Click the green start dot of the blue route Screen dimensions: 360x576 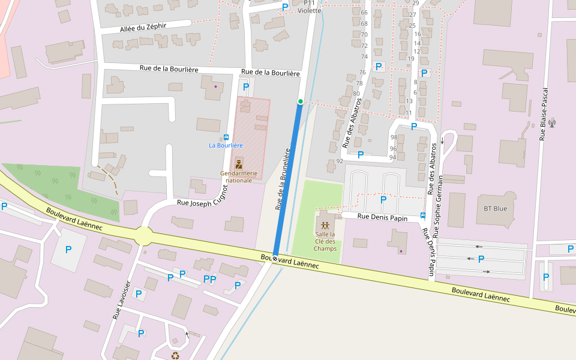[x=300, y=101]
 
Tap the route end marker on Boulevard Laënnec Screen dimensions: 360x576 [x=275, y=258]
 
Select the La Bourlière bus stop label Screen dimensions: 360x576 [x=226, y=145]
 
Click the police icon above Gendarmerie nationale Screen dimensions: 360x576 [x=239, y=164]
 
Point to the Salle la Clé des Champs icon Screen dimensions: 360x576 [x=325, y=226]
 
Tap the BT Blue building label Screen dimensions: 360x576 [x=495, y=209]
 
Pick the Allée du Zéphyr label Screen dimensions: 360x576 [x=143, y=27]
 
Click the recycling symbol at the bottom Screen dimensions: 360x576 [x=175, y=355]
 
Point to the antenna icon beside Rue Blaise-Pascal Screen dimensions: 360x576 [x=552, y=124]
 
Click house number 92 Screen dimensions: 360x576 [x=340, y=161]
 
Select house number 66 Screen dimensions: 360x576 [x=364, y=13]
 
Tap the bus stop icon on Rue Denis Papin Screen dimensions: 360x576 [x=423, y=215]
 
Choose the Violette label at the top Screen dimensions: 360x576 [x=310, y=11]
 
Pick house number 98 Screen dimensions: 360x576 [x=394, y=137]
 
